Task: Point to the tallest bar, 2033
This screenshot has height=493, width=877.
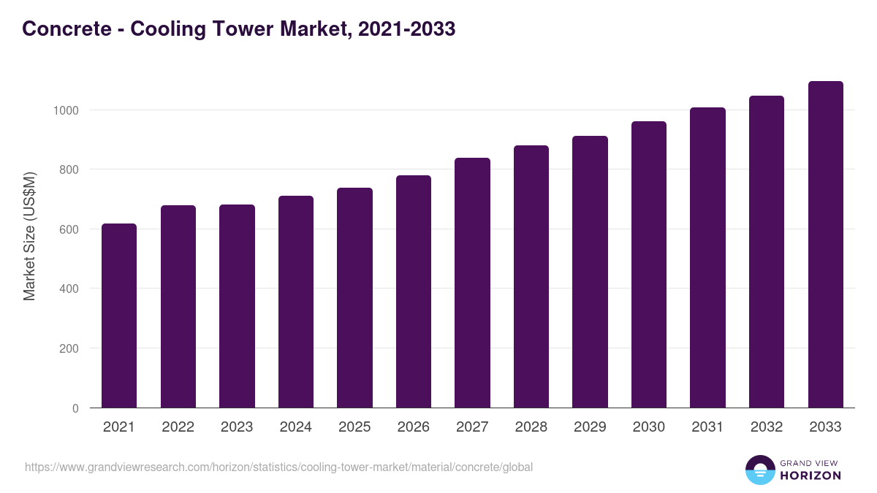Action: pos(825,245)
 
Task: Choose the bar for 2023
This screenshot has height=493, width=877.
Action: pos(237,306)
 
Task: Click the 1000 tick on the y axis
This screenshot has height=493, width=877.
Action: pos(65,110)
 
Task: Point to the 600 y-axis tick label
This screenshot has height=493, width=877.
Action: pos(68,229)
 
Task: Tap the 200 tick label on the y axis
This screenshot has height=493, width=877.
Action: pos(68,348)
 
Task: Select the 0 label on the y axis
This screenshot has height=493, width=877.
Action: pos(75,408)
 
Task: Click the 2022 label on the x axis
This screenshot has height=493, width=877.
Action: pos(178,427)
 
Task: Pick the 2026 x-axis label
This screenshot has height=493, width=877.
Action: pos(414,427)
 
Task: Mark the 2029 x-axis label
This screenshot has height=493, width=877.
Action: pos(590,427)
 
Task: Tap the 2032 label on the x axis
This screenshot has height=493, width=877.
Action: pos(767,427)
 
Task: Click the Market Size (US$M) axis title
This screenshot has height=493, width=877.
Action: pos(29,236)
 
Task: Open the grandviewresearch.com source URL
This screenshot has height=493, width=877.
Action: pos(278,467)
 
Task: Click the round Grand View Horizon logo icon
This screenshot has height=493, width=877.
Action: pos(759,470)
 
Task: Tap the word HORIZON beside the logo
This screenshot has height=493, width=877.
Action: pos(810,475)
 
